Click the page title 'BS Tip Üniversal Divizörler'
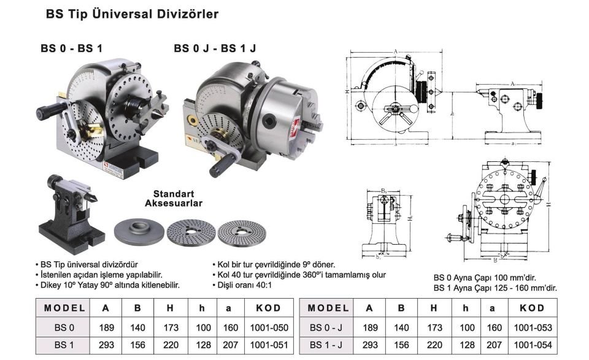132,13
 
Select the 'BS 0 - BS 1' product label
71,48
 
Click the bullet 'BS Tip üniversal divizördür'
89,264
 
